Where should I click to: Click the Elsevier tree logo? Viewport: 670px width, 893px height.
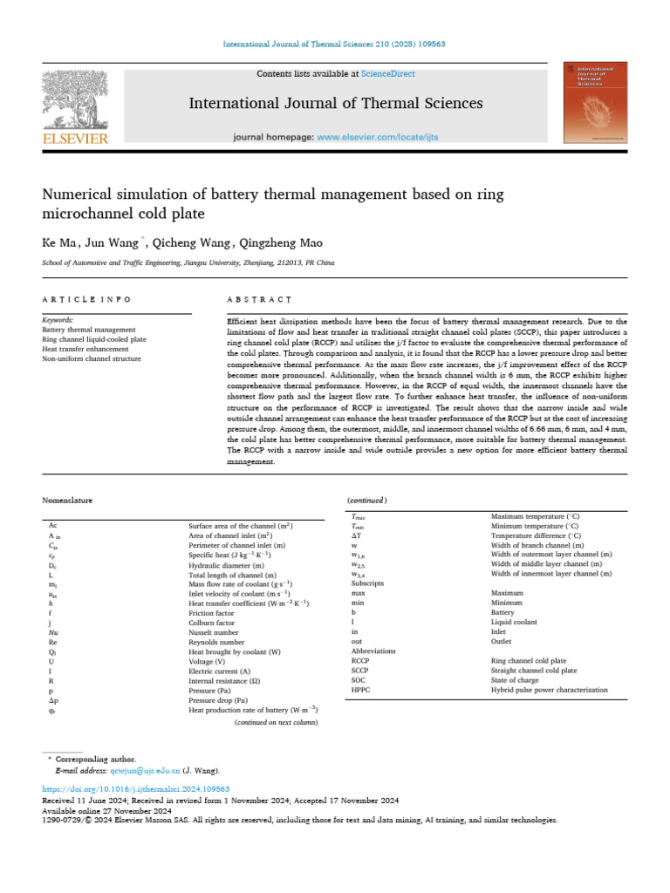coord(75,101)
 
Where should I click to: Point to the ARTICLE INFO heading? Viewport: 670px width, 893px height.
coord(86,299)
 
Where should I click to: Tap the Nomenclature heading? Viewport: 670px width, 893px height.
coord(67,501)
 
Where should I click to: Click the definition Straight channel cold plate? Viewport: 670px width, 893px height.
coord(533,671)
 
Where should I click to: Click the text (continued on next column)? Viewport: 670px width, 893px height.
coord(277,723)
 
